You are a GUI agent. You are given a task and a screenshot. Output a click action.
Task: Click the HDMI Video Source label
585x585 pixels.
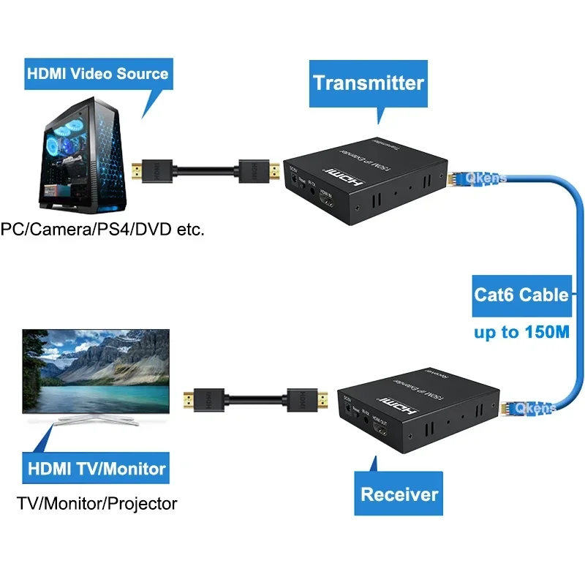tap(97, 73)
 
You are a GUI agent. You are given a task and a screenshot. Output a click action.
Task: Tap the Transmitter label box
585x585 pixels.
tap(369, 82)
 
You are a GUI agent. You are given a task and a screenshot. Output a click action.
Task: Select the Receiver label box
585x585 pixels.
tap(400, 494)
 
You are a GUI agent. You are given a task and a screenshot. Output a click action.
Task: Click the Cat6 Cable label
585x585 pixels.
tap(521, 295)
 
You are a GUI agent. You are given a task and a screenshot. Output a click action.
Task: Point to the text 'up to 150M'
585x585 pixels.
tap(521, 332)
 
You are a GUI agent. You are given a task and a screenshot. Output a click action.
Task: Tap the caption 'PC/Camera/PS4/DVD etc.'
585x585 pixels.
tap(102, 230)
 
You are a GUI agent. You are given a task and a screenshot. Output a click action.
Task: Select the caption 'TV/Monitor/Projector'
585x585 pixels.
tap(97, 503)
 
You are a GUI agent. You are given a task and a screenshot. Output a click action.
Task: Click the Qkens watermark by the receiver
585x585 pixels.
tap(535, 409)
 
